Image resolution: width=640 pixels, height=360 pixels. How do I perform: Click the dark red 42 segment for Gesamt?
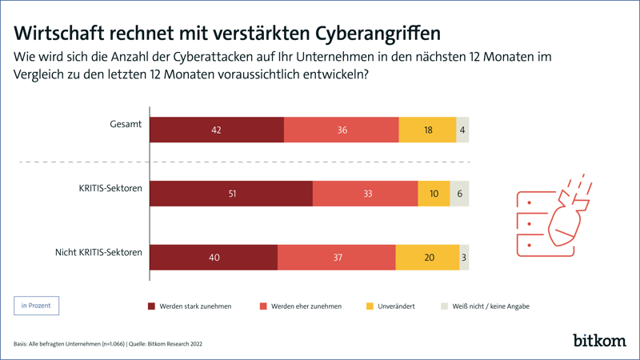217,130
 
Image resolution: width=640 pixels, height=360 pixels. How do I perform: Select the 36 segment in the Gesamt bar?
342,130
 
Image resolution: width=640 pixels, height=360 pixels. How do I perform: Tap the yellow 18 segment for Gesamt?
427,130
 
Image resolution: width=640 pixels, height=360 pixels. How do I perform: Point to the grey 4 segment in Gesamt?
462,130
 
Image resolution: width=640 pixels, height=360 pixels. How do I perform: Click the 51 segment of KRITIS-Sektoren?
231,194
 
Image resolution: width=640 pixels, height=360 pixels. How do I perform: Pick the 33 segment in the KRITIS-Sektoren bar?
366,194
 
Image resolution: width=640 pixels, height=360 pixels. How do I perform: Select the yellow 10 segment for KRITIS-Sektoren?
434,194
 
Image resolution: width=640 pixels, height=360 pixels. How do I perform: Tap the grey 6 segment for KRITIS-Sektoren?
459,194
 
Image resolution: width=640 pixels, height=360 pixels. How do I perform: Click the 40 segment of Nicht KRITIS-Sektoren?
214,258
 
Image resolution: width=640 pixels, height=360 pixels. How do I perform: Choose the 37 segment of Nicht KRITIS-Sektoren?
337,258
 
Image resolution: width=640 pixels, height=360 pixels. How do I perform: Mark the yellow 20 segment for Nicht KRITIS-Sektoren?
427,258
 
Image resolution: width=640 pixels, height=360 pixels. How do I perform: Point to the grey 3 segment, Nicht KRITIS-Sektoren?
464,258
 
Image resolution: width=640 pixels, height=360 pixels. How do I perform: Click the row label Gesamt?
126,124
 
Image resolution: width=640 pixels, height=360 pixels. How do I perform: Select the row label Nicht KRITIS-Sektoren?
98,252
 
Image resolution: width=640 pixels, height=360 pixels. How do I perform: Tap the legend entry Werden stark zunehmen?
190,306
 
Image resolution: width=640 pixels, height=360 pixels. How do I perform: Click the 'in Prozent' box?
36,306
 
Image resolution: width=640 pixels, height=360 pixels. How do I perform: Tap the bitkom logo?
599,340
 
